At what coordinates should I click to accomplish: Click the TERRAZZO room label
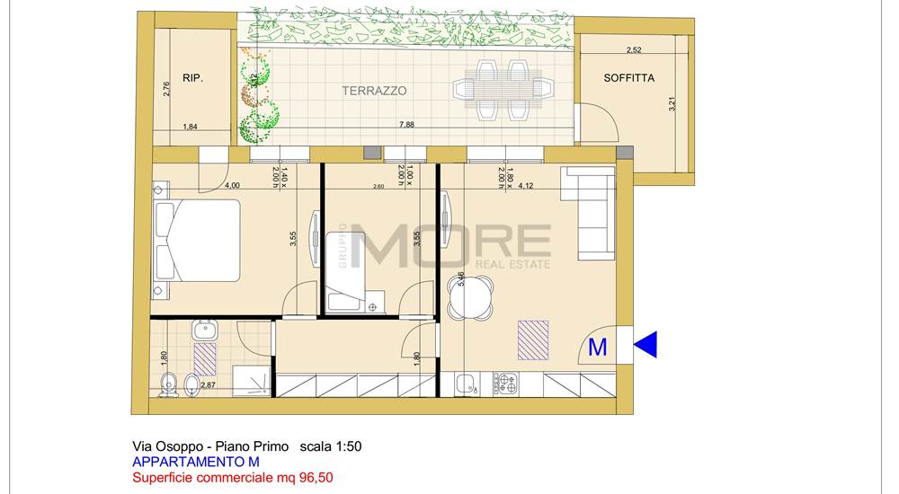click(374, 91)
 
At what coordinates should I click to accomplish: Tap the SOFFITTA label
click(628, 78)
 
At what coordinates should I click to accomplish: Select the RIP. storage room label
click(192, 78)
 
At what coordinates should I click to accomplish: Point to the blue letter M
click(597, 348)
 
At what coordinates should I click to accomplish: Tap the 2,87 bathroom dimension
click(207, 384)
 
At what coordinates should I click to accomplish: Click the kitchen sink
click(466, 384)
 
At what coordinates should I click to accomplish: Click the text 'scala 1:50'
click(331, 446)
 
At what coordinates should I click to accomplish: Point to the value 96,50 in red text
click(314, 478)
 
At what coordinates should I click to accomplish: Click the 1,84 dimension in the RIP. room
click(190, 127)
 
